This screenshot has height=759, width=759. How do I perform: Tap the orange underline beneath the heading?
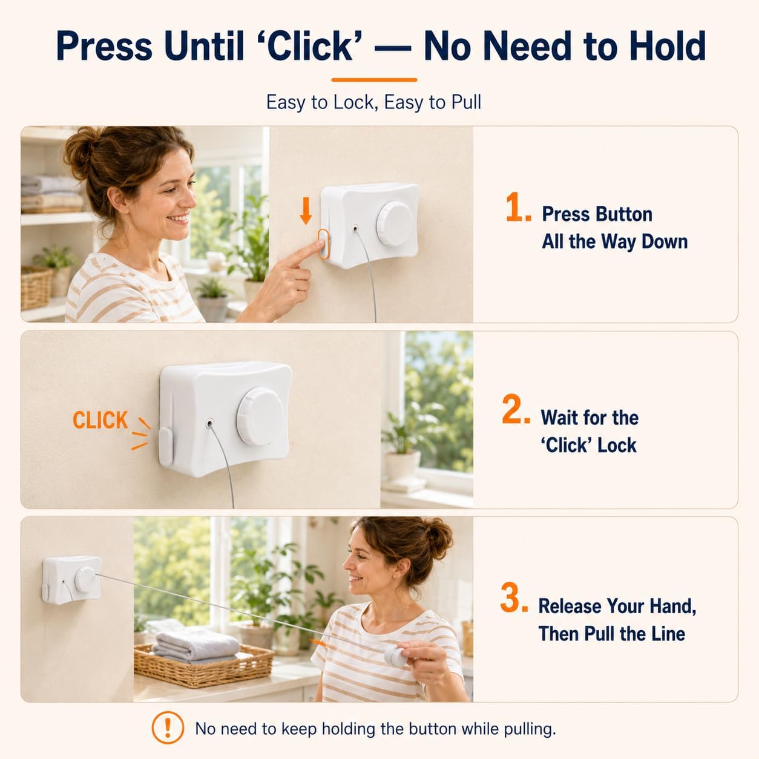pos(374,80)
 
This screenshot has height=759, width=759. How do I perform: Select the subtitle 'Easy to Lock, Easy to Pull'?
pos(373,102)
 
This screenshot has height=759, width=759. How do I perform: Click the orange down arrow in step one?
pos(306,211)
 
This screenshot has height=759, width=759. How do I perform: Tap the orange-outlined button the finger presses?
pos(323,244)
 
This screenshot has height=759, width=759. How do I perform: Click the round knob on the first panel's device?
pos(395,224)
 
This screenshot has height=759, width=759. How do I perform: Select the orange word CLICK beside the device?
pos(100,420)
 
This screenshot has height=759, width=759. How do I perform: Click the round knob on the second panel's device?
pos(260,416)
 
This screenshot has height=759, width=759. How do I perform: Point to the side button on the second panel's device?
pos(165,446)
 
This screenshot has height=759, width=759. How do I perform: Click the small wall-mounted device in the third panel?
pos(71,580)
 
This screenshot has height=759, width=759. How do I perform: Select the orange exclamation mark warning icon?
pos(168,728)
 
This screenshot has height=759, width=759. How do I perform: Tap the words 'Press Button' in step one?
pos(597,214)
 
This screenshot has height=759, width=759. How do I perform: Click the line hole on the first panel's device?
pos(356,228)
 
